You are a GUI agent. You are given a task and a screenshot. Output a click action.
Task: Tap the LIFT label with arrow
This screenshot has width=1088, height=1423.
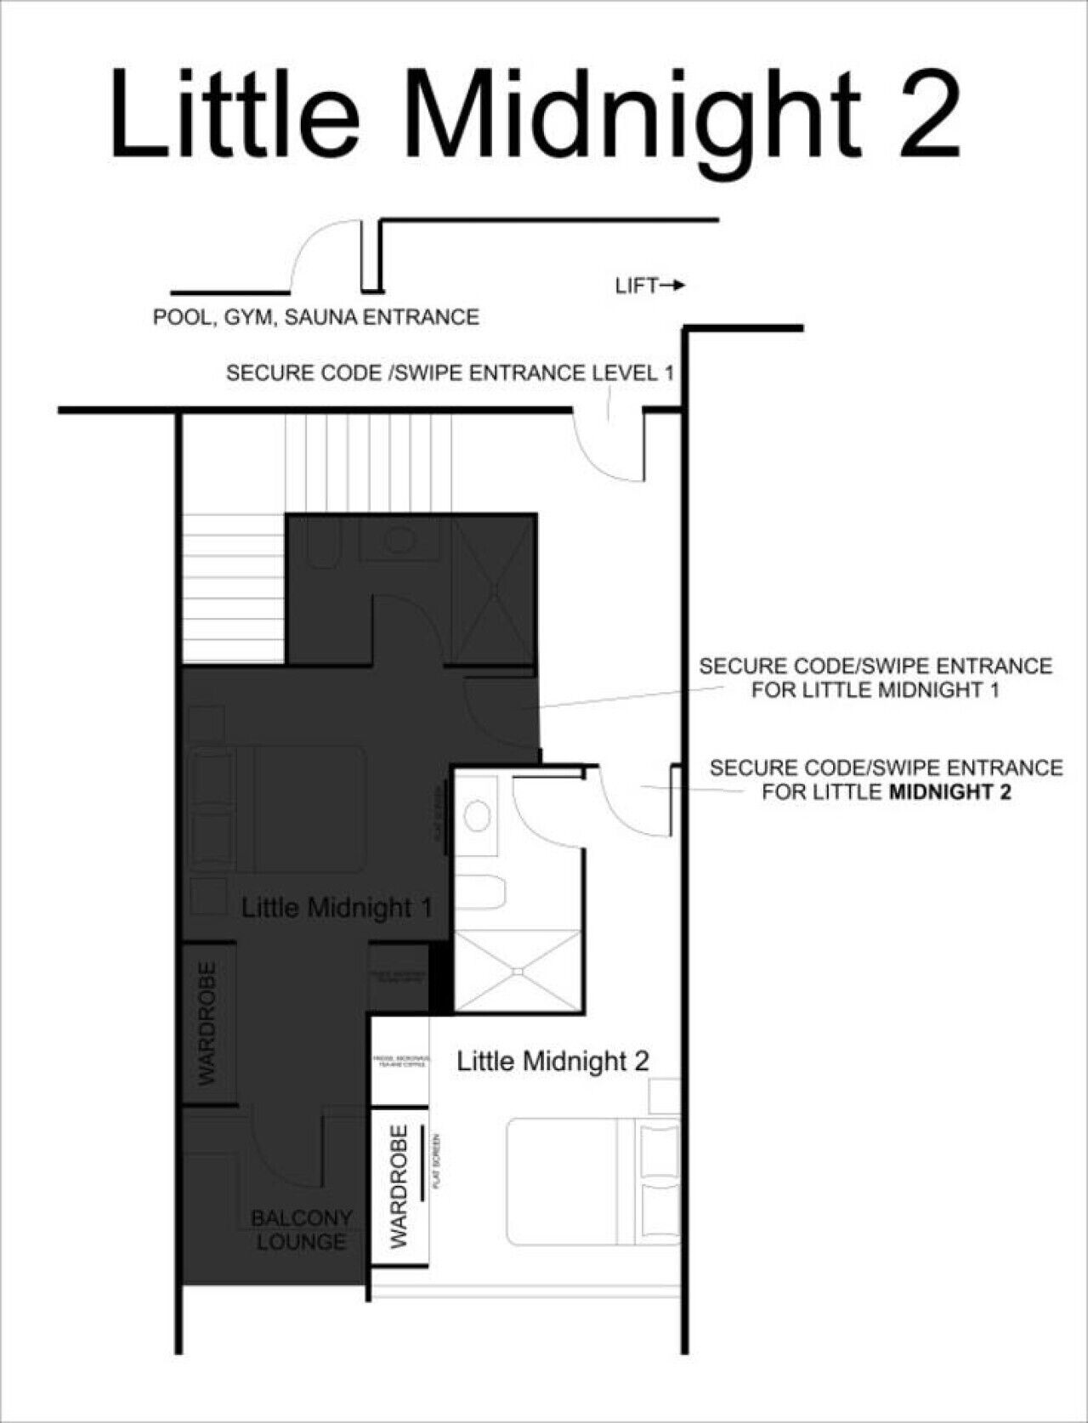coord(649,286)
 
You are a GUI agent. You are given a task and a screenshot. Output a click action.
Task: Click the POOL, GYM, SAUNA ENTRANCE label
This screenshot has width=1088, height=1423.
coord(315,317)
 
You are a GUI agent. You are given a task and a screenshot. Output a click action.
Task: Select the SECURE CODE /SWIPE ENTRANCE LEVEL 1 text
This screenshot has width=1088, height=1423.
coord(450,372)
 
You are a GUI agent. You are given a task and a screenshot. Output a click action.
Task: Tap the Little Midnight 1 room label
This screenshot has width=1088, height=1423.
coord(337,907)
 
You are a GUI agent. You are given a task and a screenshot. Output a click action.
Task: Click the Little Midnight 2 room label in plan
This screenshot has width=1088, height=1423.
coord(552,1060)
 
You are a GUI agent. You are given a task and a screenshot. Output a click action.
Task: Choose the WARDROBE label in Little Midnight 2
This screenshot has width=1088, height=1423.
coord(399,1187)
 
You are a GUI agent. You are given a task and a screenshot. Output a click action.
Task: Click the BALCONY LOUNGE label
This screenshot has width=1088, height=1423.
coord(301,1230)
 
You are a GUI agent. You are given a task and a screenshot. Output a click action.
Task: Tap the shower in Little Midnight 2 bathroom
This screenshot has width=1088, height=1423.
coord(518,970)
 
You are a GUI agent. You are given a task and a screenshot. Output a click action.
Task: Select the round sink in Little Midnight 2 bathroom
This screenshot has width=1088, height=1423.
coord(478,815)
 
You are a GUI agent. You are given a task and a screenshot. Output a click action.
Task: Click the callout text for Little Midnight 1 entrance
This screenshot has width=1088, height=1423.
coord(875,677)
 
